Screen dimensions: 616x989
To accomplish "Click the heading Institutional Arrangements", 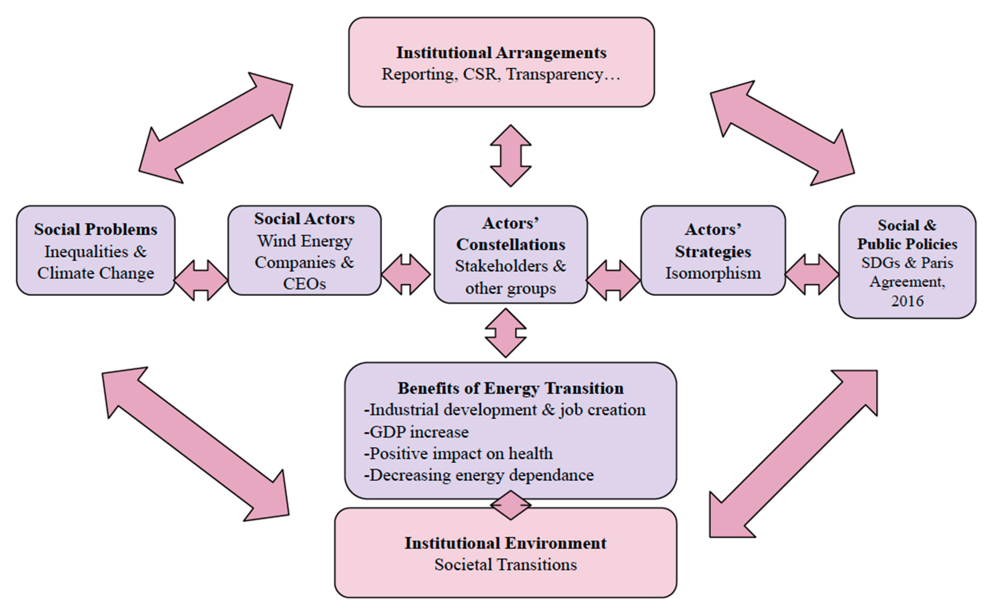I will point(501,52).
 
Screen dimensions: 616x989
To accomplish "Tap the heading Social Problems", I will point(96,229).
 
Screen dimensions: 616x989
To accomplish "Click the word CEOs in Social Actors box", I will point(305,284).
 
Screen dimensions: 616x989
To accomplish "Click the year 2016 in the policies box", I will point(907,301).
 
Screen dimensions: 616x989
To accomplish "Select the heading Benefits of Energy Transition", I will point(511,388).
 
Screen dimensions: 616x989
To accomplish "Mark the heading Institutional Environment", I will point(505,543).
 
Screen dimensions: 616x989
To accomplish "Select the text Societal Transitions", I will point(505,565).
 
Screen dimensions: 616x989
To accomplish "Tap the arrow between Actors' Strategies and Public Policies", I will point(812,275).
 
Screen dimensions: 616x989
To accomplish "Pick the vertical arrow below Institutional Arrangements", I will point(511,156).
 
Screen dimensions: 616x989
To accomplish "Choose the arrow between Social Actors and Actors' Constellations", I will point(406,275).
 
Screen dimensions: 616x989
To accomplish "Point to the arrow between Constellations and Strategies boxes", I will point(614,280).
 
